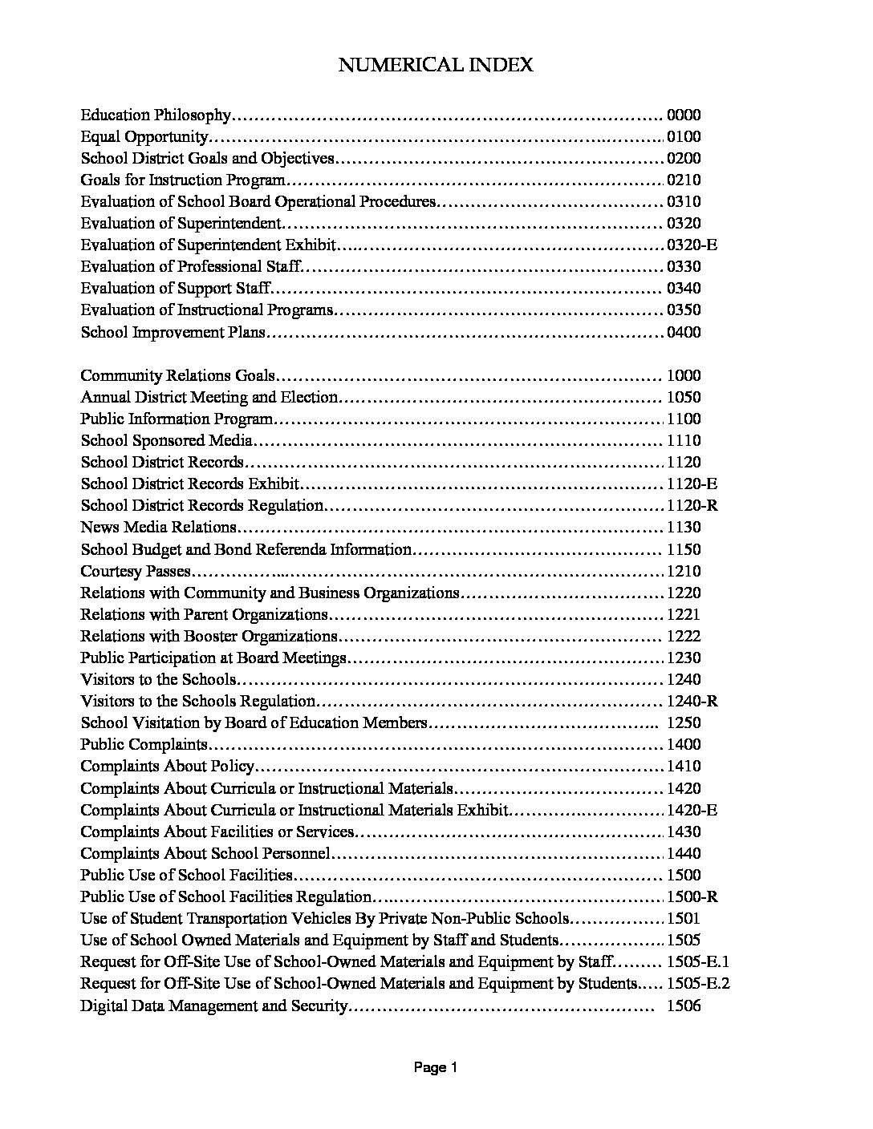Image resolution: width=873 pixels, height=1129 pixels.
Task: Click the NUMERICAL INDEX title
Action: point(436,65)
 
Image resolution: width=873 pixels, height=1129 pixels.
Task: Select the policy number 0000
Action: point(684,115)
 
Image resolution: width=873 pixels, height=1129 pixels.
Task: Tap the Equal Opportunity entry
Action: point(144,137)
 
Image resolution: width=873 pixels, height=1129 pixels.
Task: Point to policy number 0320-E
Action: point(692,245)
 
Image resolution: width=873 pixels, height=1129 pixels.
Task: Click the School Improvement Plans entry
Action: point(173,332)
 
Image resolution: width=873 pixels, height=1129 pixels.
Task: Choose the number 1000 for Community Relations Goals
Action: point(684,375)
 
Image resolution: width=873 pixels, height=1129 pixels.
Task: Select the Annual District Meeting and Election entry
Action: point(209,397)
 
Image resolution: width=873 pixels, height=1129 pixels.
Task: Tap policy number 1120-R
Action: point(692,505)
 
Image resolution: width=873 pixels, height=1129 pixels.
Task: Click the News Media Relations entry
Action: point(158,527)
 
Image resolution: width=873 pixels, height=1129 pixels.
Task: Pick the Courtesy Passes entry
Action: point(136,571)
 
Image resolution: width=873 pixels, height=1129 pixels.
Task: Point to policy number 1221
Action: point(684,614)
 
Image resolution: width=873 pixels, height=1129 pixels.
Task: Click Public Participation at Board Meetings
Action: point(213,658)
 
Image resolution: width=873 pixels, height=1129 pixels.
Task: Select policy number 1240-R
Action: point(692,701)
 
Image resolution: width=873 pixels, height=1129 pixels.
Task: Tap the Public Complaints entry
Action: point(144,744)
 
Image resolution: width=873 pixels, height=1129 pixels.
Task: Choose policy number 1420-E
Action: point(692,810)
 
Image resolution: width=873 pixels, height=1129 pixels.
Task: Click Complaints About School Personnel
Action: point(205,853)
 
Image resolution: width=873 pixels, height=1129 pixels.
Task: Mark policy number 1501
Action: point(684,919)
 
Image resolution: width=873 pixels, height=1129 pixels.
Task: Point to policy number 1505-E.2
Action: point(697,984)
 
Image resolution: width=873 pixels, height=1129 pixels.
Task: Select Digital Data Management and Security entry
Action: point(213,1006)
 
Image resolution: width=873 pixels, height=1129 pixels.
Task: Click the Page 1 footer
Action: point(435,1067)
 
